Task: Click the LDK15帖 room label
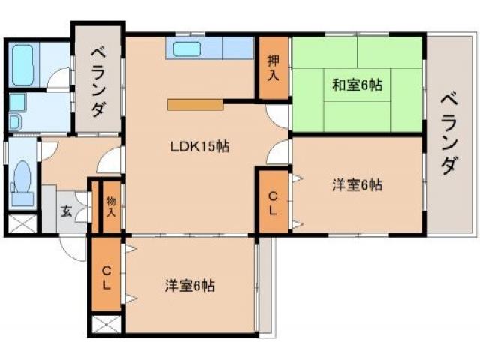tap(198, 146)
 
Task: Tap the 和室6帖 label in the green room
tap(358, 85)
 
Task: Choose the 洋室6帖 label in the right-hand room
tap(358, 184)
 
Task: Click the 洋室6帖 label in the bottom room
tap(190, 285)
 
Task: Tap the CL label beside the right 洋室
tap(274, 202)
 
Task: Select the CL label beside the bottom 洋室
tap(107, 277)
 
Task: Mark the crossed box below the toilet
tap(22, 223)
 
